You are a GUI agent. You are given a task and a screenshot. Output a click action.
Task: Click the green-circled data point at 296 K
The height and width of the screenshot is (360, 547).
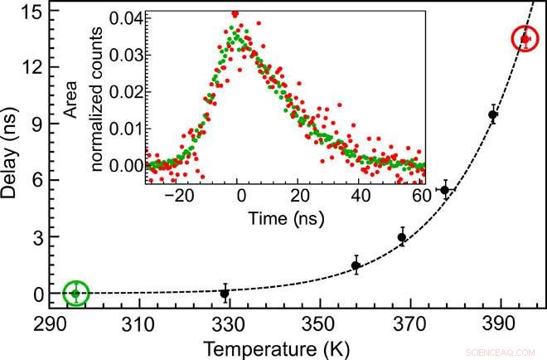click(x=75, y=293)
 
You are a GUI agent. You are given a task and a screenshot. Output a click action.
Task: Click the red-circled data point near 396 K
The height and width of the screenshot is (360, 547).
click(x=525, y=38)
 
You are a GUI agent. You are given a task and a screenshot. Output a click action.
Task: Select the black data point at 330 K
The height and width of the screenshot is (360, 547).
click(x=225, y=293)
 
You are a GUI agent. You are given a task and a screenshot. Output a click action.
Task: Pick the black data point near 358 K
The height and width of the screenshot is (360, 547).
click(x=356, y=265)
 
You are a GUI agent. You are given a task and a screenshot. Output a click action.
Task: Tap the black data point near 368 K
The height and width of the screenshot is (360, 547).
click(x=402, y=237)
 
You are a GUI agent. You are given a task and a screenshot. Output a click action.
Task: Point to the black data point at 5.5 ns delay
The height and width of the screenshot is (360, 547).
click(x=446, y=190)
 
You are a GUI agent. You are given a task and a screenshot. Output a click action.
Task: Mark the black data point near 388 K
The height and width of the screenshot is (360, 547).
click(x=493, y=114)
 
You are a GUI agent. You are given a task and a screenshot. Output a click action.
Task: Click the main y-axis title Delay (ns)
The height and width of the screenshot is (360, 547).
click(x=12, y=158)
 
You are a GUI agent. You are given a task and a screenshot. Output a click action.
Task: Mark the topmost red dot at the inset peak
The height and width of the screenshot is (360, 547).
click(x=235, y=13)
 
